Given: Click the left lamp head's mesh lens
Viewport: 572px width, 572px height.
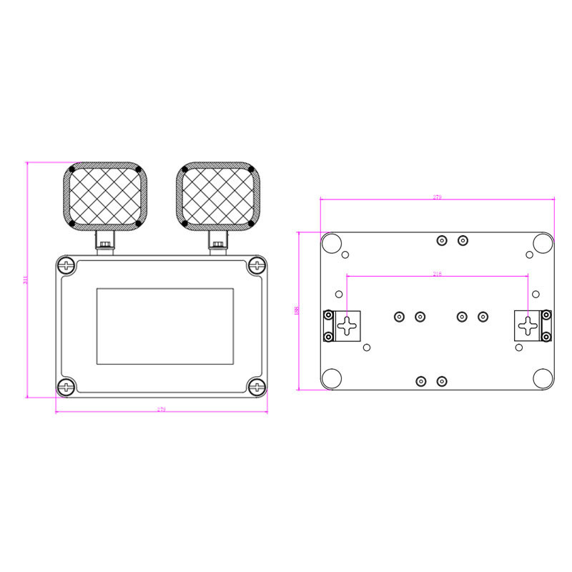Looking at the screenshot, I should click(x=106, y=196).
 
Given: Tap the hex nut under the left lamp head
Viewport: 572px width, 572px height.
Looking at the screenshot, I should click(x=106, y=245).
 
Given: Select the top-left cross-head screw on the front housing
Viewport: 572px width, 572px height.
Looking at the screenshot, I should click(x=67, y=266).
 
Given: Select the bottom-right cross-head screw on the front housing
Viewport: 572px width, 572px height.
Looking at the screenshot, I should click(x=257, y=388).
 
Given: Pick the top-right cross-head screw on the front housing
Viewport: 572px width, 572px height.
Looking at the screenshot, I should click(x=257, y=266).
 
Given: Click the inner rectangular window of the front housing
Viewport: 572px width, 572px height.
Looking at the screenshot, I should click(x=165, y=325).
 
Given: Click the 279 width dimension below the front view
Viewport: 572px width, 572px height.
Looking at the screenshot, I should click(x=161, y=410).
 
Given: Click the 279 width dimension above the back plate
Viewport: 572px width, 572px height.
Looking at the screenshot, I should click(x=438, y=197).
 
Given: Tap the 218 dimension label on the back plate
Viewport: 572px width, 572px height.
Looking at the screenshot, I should click(x=438, y=274).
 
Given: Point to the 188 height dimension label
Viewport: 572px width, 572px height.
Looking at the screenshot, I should click(x=296, y=310).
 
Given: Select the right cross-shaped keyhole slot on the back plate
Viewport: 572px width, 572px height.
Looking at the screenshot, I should click(x=528, y=326).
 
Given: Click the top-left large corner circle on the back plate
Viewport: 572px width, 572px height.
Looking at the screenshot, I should click(x=331, y=243).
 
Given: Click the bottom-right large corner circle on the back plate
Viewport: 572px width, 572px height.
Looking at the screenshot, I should click(x=543, y=378).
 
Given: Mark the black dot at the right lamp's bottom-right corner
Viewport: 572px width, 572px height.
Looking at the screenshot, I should click(x=252, y=224).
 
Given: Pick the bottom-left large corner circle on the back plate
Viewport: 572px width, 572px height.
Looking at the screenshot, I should click(x=331, y=378).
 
